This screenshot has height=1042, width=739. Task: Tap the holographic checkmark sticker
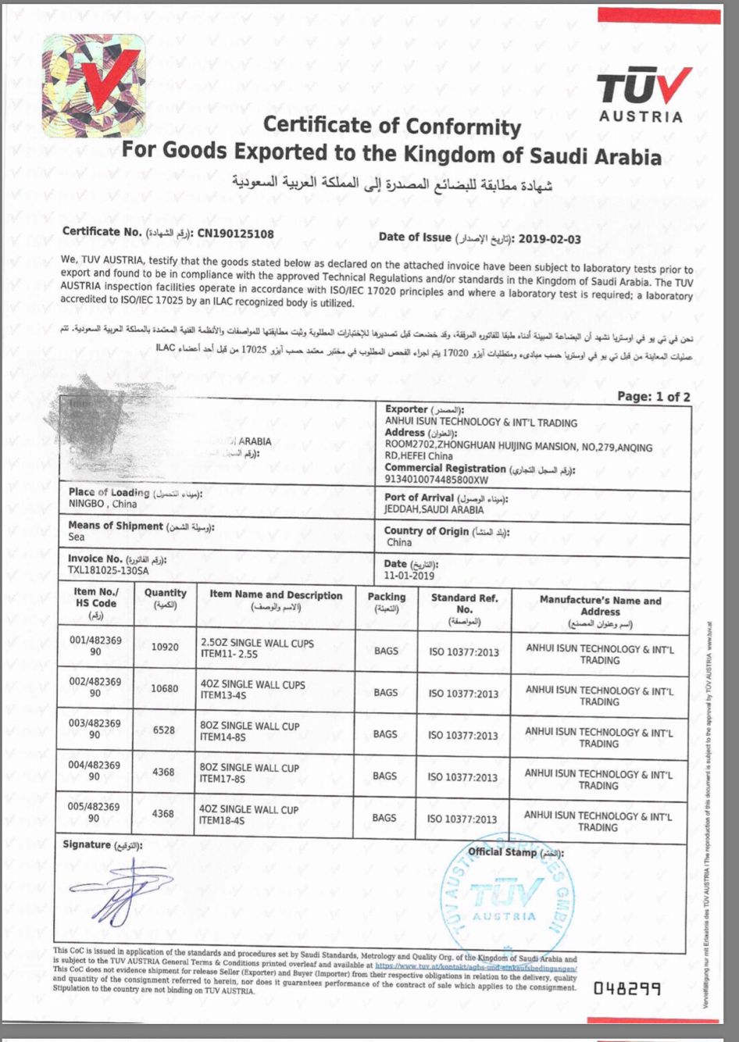click(x=95, y=86)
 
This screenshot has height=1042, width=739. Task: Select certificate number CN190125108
click(x=235, y=233)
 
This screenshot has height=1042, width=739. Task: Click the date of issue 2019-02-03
click(x=549, y=239)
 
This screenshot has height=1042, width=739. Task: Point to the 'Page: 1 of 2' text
click(x=653, y=397)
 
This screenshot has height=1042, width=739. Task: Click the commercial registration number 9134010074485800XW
click(x=436, y=480)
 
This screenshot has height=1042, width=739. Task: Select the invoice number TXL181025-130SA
click(x=108, y=570)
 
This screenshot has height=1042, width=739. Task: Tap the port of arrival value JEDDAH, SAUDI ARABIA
click(x=434, y=509)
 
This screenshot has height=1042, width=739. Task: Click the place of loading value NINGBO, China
click(x=102, y=504)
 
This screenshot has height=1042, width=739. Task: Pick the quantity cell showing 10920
click(x=165, y=648)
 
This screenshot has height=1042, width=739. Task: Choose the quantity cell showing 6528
click(x=163, y=730)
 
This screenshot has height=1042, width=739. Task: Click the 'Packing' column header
click(x=387, y=602)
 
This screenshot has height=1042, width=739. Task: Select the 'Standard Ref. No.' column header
click(x=464, y=609)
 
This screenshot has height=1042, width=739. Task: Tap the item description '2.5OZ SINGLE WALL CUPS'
click(x=257, y=643)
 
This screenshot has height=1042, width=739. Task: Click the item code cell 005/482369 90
click(x=94, y=812)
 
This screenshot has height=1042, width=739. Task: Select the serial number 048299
click(x=627, y=988)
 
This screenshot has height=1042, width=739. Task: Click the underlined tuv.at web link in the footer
click(x=476, y=968)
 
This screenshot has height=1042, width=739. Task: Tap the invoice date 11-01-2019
click(x=409, y=576)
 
